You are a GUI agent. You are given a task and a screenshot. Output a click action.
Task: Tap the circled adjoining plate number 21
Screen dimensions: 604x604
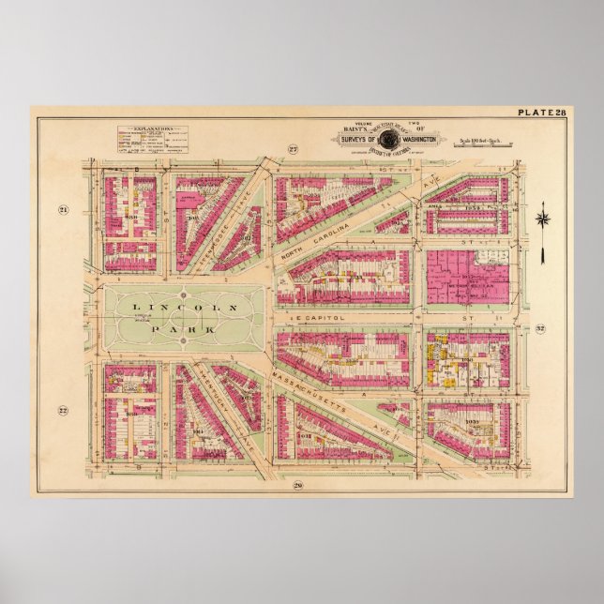(x=64, y=209)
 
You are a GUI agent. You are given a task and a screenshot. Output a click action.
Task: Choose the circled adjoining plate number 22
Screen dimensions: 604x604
(x=64, y=410)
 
